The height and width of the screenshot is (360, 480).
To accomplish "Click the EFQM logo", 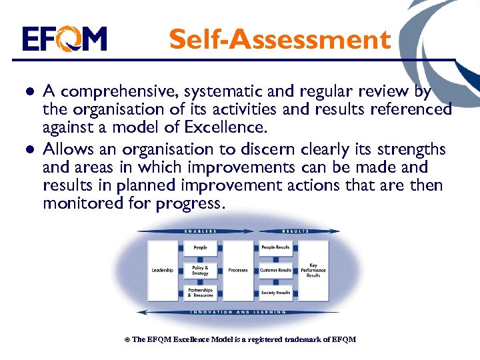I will coord(64,39).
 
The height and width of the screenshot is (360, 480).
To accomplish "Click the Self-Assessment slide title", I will coord(279,39).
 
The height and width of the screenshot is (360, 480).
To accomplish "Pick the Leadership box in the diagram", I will coord(162,270).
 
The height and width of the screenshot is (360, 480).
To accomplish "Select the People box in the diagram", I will coord(200,247).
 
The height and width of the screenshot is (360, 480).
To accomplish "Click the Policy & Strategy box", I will coord(200,270).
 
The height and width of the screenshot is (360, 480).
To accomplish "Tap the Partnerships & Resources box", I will coord(200,293).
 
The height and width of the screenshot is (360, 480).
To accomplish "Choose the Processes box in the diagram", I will coord(238,270).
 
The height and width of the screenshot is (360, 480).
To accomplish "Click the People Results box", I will coord(275,247).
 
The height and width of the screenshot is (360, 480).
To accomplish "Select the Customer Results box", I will coord(275,270).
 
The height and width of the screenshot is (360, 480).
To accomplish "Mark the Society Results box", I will coord(275,293).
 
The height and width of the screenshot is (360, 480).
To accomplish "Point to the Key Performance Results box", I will coord(313,270).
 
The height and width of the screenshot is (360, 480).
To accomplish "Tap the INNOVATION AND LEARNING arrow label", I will coord(238,311).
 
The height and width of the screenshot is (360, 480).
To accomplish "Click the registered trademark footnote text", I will coord(240,339).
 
